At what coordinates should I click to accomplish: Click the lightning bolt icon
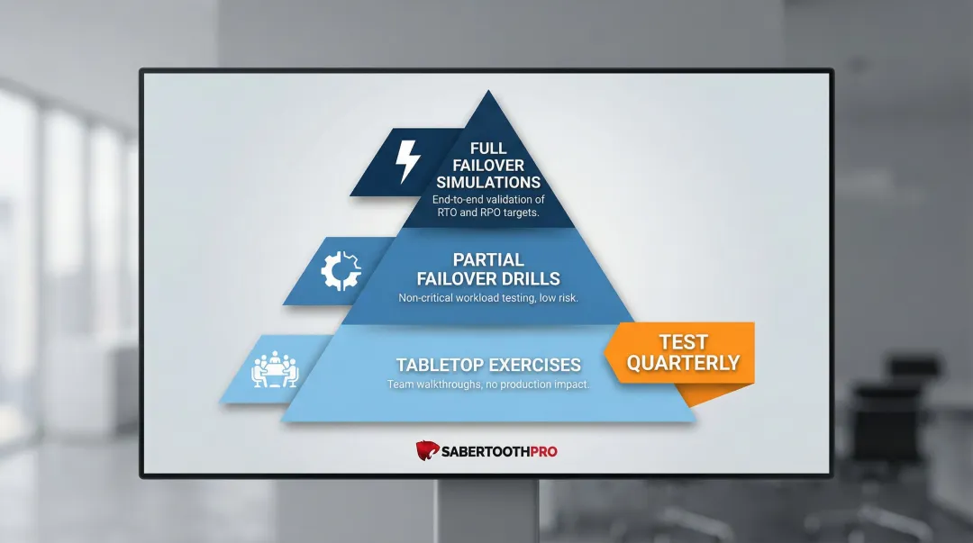(407, 162)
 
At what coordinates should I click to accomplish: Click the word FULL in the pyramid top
(488, 148)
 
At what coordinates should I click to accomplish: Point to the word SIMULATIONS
(488, 182)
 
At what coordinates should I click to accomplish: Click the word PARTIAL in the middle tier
(488, 260)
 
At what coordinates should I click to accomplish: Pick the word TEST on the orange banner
(683, 342)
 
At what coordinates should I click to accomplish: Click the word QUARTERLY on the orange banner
(683, 364)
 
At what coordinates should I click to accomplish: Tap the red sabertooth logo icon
(426, 449)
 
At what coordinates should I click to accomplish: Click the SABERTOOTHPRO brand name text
(498, 450)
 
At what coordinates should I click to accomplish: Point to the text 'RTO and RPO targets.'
(488, 213)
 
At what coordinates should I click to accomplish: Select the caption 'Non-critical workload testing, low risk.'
(488, 297)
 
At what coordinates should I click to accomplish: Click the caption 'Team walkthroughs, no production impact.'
(488, 385)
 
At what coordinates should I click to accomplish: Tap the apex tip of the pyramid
(488, 94)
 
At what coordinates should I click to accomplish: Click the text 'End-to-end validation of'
(488, 199)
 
